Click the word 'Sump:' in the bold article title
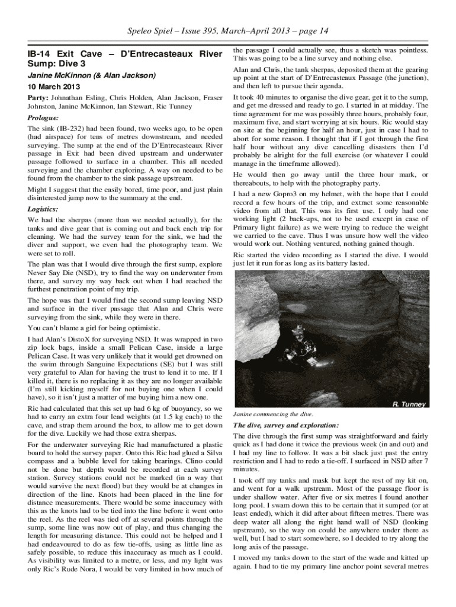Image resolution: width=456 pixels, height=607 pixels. [x=41, y=63]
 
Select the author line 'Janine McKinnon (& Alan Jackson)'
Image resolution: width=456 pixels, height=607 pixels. [x=92, y=76]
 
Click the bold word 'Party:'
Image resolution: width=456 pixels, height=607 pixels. [x=38, y=97]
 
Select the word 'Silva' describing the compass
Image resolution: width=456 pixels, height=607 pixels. [x=213, y=453]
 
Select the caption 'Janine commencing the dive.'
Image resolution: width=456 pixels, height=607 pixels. [x=273, y=414]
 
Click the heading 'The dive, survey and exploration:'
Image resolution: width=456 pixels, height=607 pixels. [x=285, y=426]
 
